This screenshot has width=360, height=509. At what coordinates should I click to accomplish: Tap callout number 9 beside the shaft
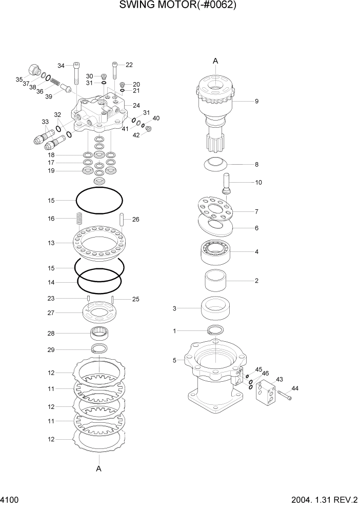click(x=256, y=101)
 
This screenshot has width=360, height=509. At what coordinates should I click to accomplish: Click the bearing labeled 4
click(x=216, y=252)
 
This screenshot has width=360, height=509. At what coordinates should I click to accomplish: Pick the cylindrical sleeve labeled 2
click(x=216, y=281)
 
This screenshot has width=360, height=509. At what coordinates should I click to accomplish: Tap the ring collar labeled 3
click(x=215, y=309)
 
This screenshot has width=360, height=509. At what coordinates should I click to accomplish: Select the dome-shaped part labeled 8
click(x=216, y=165)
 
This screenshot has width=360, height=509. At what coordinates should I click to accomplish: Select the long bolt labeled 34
click(x=76, y=73)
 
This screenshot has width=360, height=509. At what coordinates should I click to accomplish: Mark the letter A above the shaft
click(x=215, y=61)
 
